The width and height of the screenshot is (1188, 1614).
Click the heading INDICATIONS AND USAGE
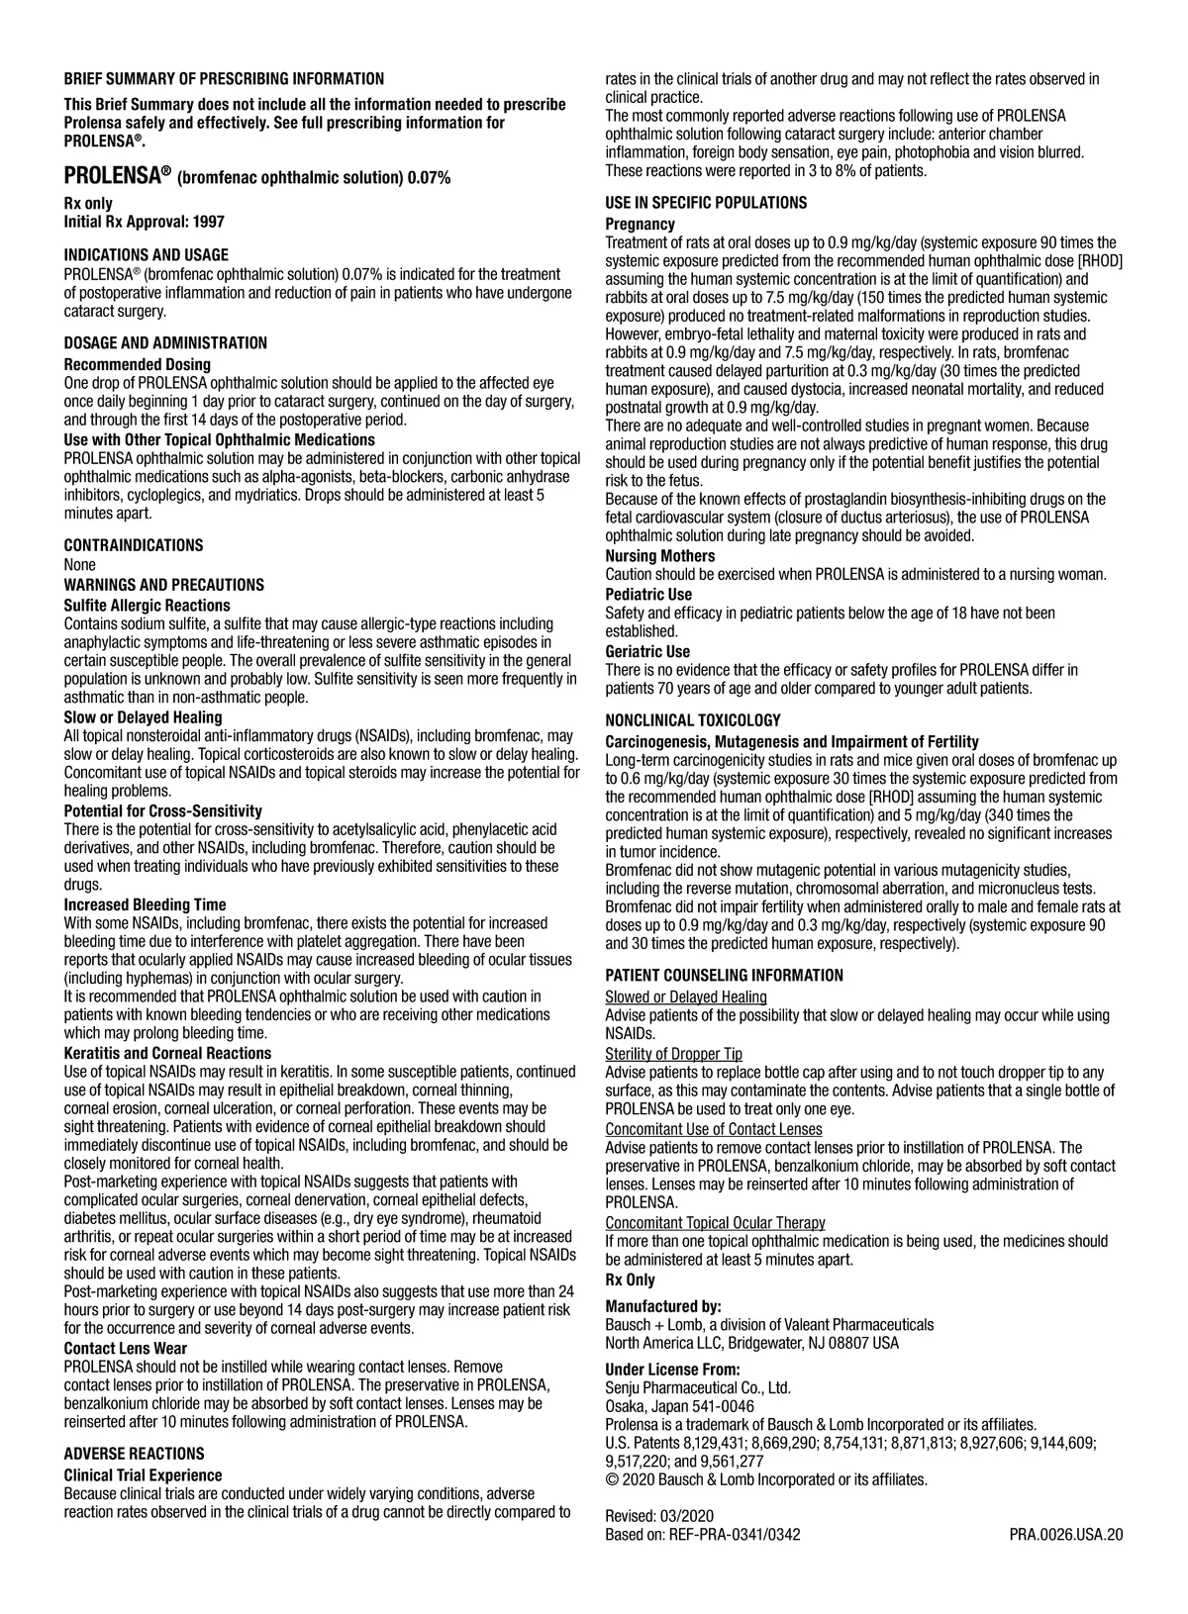coord(146,255)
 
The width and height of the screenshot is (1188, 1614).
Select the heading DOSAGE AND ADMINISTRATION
coord(165,343)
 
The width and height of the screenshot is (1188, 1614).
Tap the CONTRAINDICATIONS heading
coord(134,545)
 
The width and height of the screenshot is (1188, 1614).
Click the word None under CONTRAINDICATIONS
coord(80,565)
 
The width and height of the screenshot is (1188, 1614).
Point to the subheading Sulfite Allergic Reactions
coord(147,606)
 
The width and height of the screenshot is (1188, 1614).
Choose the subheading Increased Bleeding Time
coord(145,904)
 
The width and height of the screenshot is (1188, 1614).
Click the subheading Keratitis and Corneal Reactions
coord(167,1053)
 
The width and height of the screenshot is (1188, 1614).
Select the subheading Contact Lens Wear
coord(125,1348)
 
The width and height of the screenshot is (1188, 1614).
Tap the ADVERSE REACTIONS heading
coord(134,1454)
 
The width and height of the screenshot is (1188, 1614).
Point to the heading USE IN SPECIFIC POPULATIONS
coord(706,203)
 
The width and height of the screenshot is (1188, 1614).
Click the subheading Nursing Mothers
coord(659,556)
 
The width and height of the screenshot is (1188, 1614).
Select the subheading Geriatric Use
coord(647,651)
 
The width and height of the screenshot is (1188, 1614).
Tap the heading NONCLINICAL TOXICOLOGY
coord(693,720)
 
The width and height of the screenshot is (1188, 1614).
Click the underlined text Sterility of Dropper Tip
coord(673,1054)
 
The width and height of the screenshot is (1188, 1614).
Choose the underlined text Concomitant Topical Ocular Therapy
coord(715,1223)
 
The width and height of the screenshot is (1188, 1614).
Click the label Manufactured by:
coord(662,1306)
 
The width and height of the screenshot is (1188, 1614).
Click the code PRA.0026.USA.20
coord(1066,1535)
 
